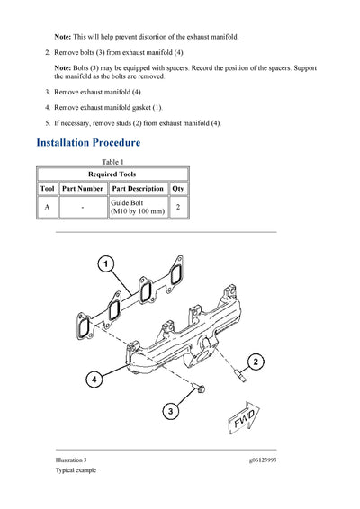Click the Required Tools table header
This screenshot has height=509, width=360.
tap(112, 174)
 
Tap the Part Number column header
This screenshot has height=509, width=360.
tap(82, 189)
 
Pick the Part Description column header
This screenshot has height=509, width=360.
tap(137, 189)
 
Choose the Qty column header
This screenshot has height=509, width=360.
tap(178, 189)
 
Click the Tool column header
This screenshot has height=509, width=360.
tap(47, 189)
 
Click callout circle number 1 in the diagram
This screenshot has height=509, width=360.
tap(105, 264)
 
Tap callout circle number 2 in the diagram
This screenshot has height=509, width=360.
tap(256, 362)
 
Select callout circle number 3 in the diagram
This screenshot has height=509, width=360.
tap(170, 412)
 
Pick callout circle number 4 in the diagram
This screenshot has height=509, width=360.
tap(94, 380)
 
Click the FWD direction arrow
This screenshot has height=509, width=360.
tap(245, 421)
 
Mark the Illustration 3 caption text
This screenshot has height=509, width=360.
tap(73, 459)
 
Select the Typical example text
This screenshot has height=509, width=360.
tap(76, 470)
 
